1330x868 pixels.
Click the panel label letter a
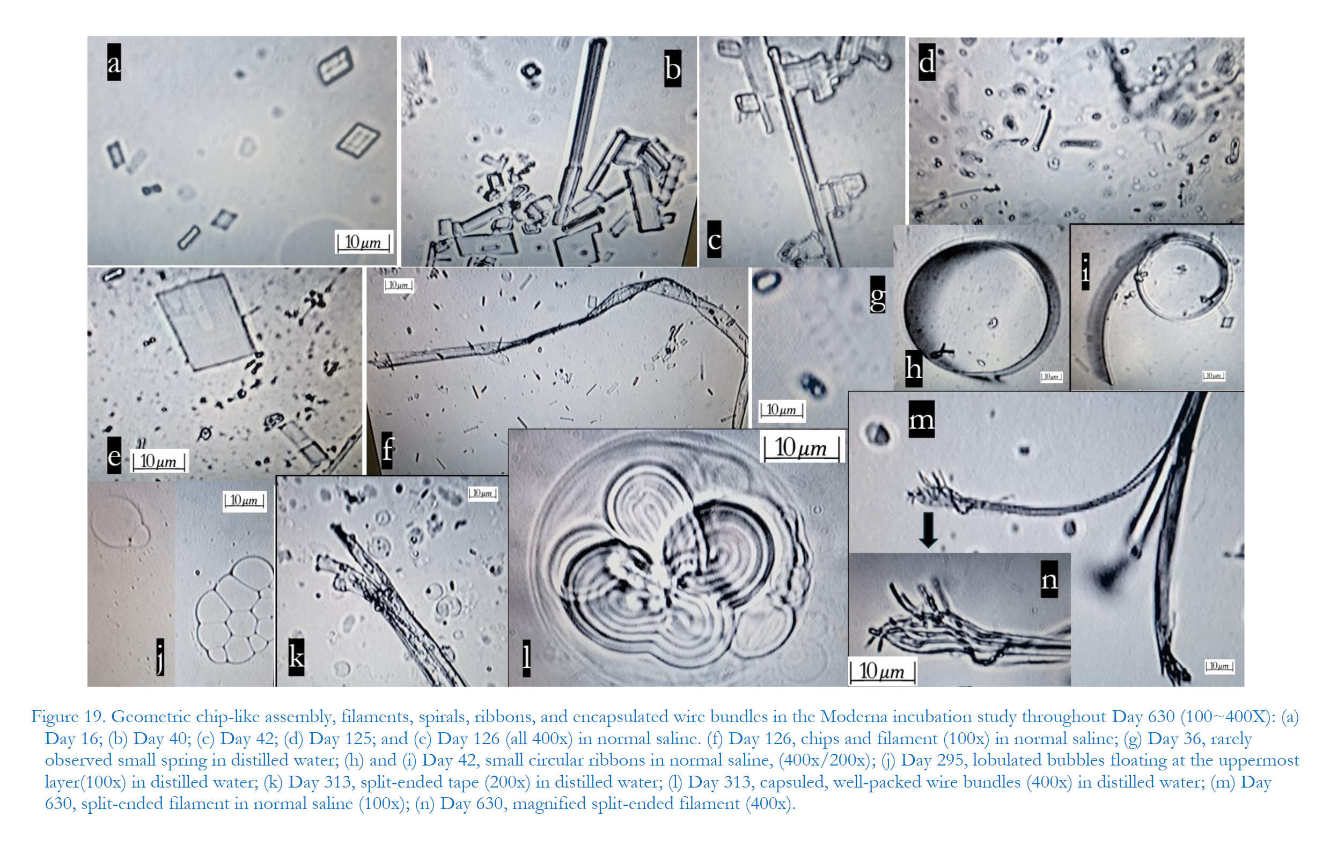[x=114, y=62]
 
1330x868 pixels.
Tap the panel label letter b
[x=672, y=68]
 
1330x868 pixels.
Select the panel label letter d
[x=927, y=62]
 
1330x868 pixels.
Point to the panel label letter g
[x=878, y=295]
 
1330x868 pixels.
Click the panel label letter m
[x=922, y=418]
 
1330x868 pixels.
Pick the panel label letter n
[x=1049, y=579]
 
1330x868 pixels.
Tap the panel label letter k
[x=296, y=657]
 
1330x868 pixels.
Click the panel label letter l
[x=526, y=658]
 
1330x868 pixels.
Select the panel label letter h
[x=914, y=368]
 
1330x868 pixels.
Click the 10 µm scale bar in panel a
[x=363, y=242]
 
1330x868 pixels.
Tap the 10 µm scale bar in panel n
[x=883, y=671]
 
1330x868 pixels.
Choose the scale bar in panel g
[x=782, y=410]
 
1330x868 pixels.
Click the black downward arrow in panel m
[x=928, y=529]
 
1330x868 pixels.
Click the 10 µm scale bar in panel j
[x=244, y=500]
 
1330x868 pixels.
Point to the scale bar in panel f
[x=399, y=285]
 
